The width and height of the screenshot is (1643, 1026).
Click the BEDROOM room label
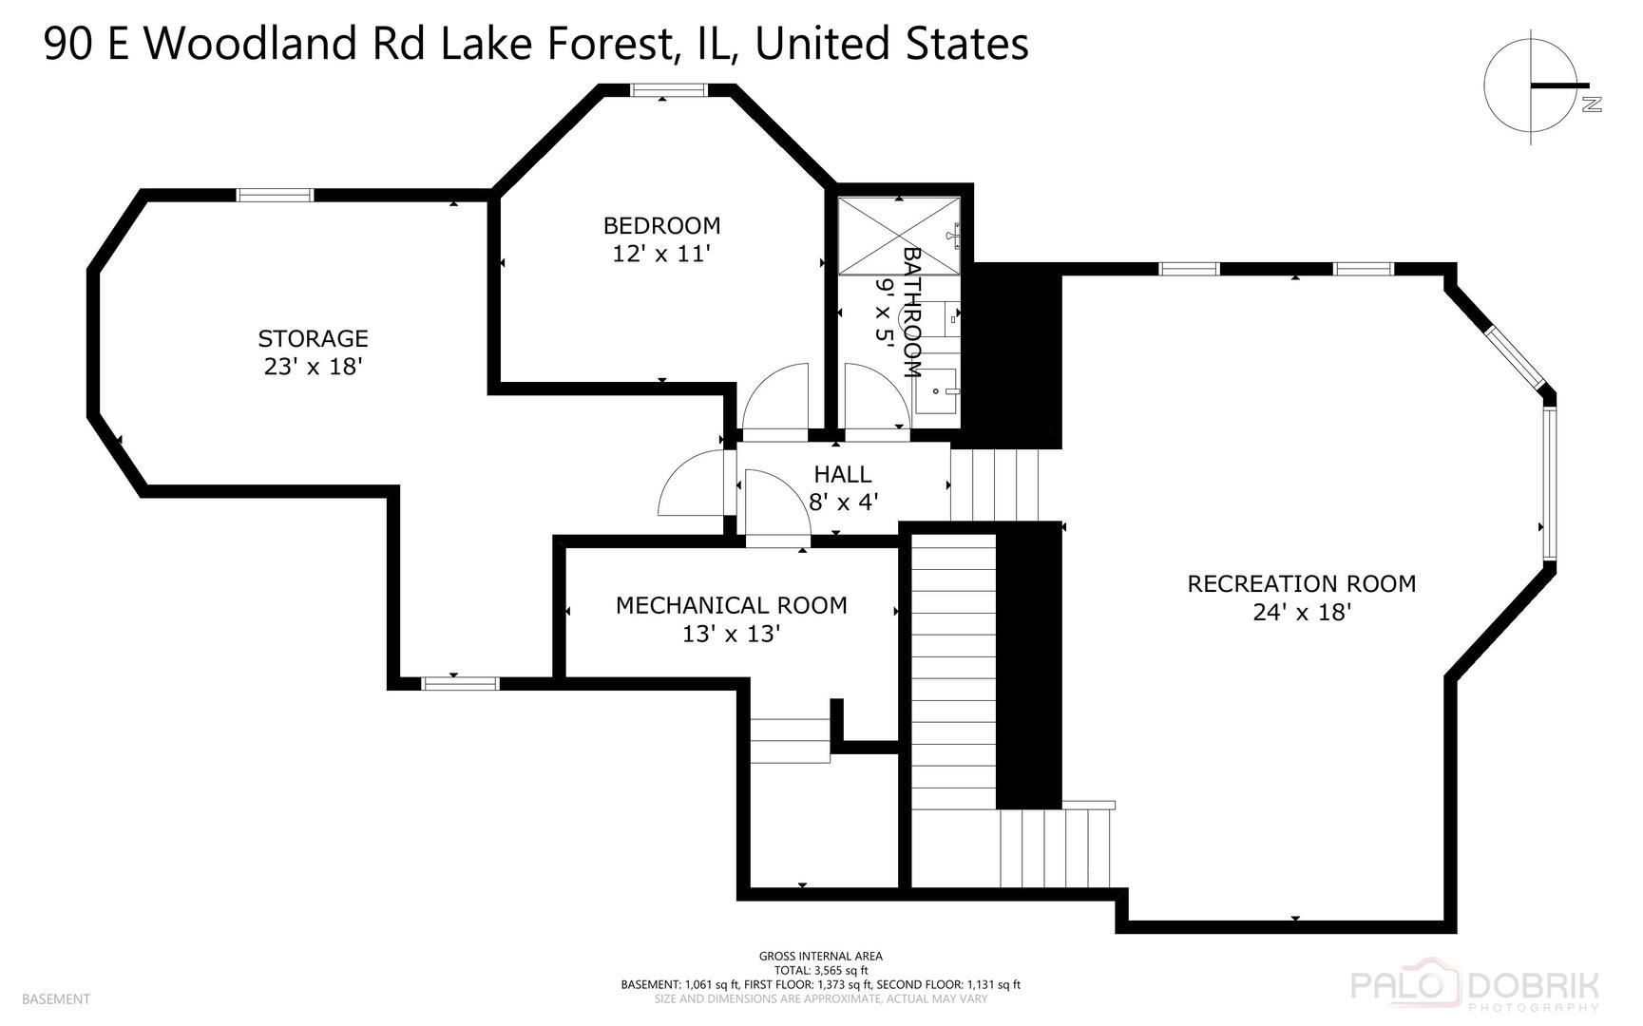click(x=661, y=226)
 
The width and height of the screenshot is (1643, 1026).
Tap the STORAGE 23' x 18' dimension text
click(x=313, y=367)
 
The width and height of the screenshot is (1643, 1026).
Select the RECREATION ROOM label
click(x=1301, y=583)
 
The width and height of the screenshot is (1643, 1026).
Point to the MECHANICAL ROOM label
click(x=731, y=605)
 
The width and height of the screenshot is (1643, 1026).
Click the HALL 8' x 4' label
click(x=842, y=487)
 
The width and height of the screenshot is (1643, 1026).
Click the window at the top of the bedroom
click(x=669, y=90)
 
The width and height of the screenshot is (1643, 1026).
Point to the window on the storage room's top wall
click(x=275, y=195)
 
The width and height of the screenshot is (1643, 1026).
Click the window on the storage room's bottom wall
click(x=461, y=682)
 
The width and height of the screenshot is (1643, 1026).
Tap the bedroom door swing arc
click(x=774, y=399)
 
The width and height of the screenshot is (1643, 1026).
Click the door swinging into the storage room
click(x=692, y=484)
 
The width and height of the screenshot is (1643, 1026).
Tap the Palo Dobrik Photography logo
click(x=1475, y=991)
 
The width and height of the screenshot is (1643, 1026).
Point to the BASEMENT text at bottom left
click(x=55, y=998)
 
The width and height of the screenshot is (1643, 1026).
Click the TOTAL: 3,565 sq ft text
click(x=820, y=971)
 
